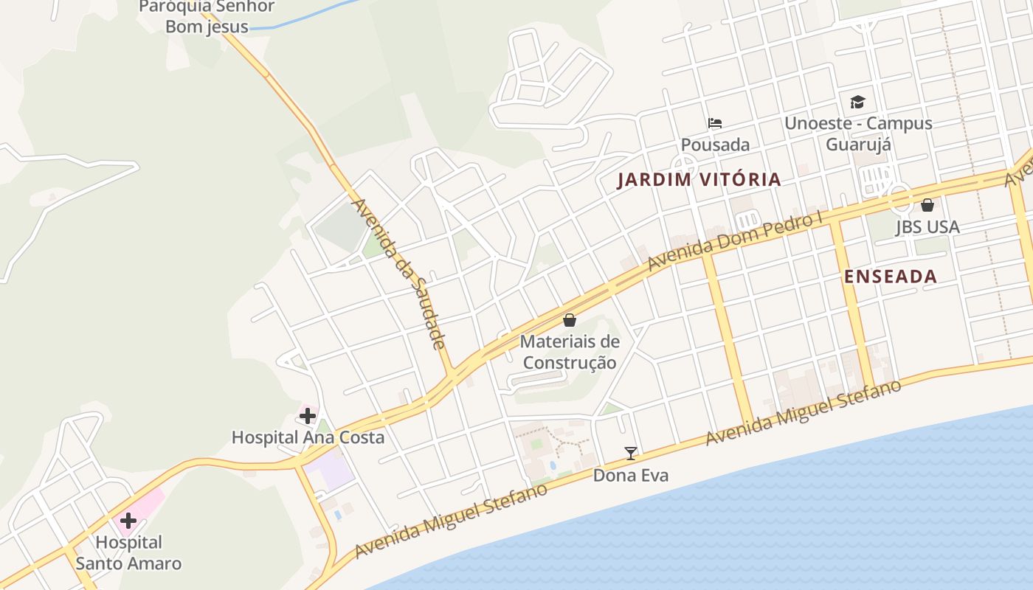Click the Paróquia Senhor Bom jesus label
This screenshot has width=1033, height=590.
click(x=206, y=16)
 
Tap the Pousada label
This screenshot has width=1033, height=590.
click(x=715, y=145)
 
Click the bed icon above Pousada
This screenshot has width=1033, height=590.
click(x=714, y=123)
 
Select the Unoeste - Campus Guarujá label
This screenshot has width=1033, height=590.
click(x=858, y=133)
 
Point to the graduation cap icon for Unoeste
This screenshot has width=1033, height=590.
click(x=857, y=102)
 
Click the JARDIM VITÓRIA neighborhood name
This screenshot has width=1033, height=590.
click(x=699, y=179)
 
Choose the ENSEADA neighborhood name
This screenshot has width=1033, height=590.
click(x=891, y=277)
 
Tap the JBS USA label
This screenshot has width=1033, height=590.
click(x=927, y=227)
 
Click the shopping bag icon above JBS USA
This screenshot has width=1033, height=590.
click(x=927, y=205)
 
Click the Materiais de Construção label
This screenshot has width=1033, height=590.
click(x=570, y=353)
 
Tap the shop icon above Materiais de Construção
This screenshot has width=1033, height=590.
click(x=570, y=320)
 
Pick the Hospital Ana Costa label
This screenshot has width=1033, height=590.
click(x=308, y=437)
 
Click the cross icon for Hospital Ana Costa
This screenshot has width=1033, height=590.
click(x=308, y=416)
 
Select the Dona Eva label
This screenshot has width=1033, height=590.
click(x=631, y=476)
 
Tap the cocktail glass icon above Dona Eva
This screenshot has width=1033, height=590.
click(x=631, y=454)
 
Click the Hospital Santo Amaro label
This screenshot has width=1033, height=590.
click(x=128, y=553)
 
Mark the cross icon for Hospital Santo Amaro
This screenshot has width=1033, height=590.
click(x=128, y=521)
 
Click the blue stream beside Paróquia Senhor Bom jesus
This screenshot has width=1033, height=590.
click(x=310, y=18)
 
